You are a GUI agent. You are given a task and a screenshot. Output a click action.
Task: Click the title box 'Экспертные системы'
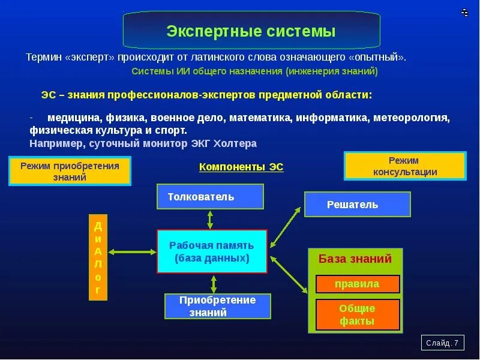(x=251, y=31)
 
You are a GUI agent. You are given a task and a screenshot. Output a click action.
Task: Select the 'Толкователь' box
(x=210, y=197)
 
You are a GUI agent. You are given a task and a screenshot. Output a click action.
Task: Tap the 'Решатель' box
(x=357, y=205)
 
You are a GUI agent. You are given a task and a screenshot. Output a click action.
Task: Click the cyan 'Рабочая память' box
(x=211, y=251)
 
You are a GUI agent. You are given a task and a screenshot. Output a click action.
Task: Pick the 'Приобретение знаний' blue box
(x=218, y=306)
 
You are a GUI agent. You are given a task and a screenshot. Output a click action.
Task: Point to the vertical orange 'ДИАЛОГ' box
(x=98, y=257)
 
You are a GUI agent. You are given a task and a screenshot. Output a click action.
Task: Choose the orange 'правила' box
(x=357, y=284)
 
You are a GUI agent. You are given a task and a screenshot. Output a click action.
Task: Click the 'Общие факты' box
(x=357, y=314)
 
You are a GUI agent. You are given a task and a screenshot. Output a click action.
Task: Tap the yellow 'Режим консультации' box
(x=404, y=166)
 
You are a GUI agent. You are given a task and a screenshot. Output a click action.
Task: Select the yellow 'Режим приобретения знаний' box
(x=70, y=171)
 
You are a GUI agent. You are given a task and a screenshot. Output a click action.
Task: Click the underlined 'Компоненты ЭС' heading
(x=241, y=167)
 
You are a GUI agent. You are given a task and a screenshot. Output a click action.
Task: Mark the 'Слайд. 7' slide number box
(x=442, y=343)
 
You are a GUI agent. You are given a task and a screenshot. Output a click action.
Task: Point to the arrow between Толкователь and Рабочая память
(x=210, y=219)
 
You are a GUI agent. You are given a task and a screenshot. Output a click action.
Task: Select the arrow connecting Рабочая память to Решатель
(x=286, y=227)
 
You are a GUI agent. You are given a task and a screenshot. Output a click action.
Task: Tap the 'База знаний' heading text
(x=355, y=259)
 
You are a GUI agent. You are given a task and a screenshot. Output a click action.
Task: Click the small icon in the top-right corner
(x=464, y=12)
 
